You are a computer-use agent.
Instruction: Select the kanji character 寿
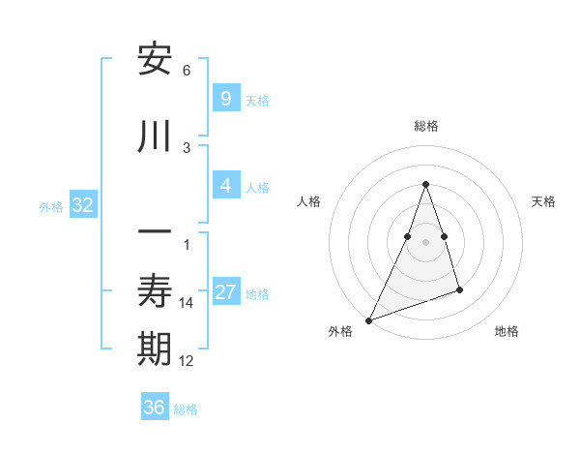(155, 291)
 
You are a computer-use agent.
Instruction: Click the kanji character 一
(155, 233)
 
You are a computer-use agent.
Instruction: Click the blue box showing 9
(225, 99)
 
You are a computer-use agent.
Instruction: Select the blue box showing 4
(225, 186)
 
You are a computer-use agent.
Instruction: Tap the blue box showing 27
(225, 292)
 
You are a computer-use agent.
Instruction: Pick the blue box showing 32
(82, 205)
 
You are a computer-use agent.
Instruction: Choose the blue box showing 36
(154, 408)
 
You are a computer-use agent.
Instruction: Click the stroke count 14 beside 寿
(187, 303)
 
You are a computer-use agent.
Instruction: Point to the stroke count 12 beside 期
(187, 361)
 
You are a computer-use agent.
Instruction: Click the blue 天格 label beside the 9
(257, 101)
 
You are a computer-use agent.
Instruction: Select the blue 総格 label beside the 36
(186, 409)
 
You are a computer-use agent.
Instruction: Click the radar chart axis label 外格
(340, 331)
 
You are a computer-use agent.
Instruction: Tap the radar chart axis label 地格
(507, 331)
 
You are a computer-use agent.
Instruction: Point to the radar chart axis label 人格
(309, 201)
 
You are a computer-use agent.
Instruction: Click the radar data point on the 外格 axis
(368, 319)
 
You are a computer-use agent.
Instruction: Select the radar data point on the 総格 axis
(425, 184)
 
